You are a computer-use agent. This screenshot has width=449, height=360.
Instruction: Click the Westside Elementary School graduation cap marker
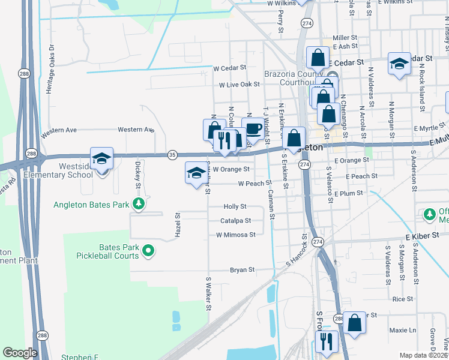(x=102, y=159)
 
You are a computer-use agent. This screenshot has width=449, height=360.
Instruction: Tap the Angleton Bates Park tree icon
(x=139, y=205)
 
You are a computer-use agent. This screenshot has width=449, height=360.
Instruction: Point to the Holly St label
(x=235, y=206)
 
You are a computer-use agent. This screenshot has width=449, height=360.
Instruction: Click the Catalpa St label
(x=235, y=221)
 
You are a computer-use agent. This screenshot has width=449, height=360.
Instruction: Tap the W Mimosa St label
(x=236, y=235)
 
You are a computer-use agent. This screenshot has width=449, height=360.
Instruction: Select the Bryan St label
(x=243, y=270)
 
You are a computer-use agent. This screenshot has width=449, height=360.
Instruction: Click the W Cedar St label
(x=230, y=68)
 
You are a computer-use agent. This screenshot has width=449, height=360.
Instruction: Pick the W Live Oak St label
(x=238, y=85)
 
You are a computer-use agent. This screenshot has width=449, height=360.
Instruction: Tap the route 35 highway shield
(x=172, y=154)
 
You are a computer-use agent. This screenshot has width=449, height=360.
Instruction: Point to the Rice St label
(x=403, y=298)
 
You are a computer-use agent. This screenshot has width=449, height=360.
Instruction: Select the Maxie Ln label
(x=402, y=330)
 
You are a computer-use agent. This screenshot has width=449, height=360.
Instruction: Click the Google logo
(x=20, y=352)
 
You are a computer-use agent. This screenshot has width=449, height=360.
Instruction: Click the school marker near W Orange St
(x=194, y=173)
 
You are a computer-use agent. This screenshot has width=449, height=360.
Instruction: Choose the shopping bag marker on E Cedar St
(x=318, y=58)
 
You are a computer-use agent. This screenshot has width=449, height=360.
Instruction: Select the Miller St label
(x=345, y=37)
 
